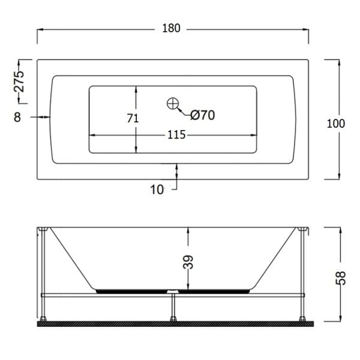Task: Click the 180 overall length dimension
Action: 171,28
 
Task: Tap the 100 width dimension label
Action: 335,124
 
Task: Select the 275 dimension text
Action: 19,82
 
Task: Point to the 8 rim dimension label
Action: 17,117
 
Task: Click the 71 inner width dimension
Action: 133,118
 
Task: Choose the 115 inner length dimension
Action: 176,135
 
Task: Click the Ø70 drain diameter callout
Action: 203,115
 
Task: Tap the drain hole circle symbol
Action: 173,104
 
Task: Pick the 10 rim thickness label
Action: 157,190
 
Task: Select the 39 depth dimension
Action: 188,262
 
